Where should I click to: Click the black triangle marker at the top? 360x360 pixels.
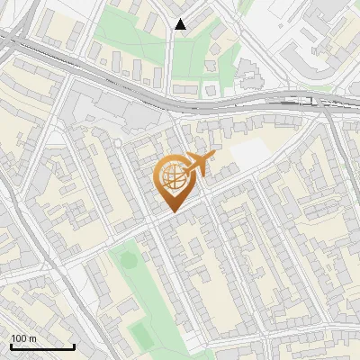(181, 24)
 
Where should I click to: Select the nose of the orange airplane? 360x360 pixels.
(212, 157)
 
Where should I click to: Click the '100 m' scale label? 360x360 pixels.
(23, 337)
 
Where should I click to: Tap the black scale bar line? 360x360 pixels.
(42, 346)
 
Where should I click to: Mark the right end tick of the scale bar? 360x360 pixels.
(74, 345)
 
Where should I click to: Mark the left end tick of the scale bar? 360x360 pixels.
(11, 345)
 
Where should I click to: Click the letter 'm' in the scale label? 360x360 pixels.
(33, 337)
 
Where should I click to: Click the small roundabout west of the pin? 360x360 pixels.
(117, 142)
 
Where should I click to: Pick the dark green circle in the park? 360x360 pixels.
(127, 261)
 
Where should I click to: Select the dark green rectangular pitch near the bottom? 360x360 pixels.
(141, 335)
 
